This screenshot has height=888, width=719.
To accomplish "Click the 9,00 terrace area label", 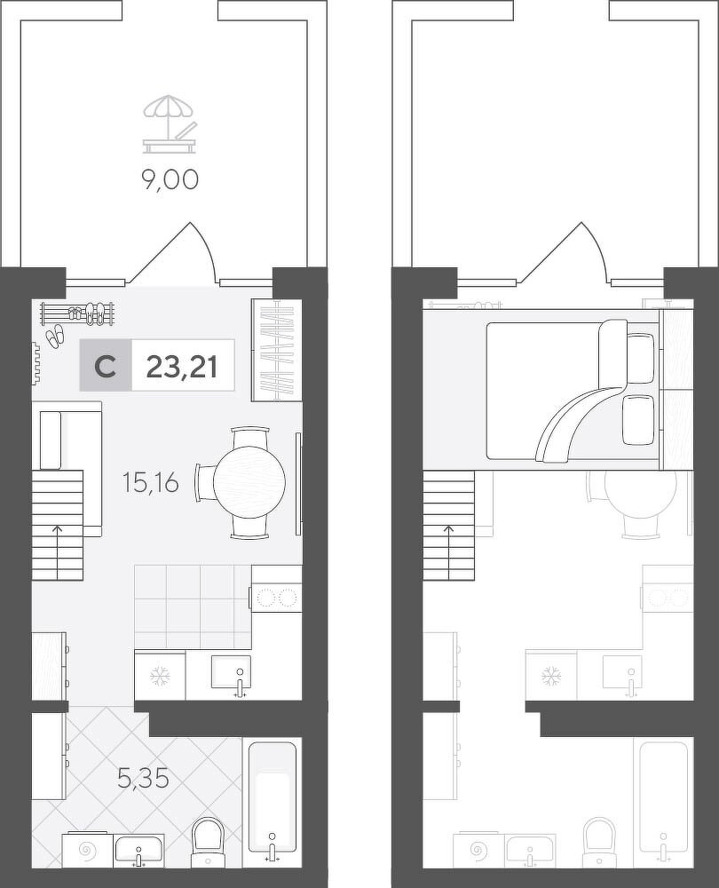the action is click(x=170, y=179).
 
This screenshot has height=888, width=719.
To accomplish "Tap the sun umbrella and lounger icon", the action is click(x=170, y=124).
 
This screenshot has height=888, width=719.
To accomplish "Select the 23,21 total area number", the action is click(x=182, y=366).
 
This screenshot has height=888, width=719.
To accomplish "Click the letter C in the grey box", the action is click(x=106, y=366).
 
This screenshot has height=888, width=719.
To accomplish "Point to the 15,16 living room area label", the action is click(x=151, y=483).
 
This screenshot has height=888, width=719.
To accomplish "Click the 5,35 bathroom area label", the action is click(x=143, y=780).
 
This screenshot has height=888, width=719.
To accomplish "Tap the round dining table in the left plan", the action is click(x=249, y=482).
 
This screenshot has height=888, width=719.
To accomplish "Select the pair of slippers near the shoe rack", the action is click(x=56, y=336).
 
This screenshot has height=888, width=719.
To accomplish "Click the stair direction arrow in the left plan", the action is click(x=57, y=552).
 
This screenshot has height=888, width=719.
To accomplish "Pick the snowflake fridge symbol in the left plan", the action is click(x=159, y=676).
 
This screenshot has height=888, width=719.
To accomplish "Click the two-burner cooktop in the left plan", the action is click(x=277, y=598).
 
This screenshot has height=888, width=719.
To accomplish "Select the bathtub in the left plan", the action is click(x=271, y=797).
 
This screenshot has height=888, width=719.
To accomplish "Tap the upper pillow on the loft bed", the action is click(x=641, y=359).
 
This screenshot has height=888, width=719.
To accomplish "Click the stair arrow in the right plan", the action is click(x=449, y=552).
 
